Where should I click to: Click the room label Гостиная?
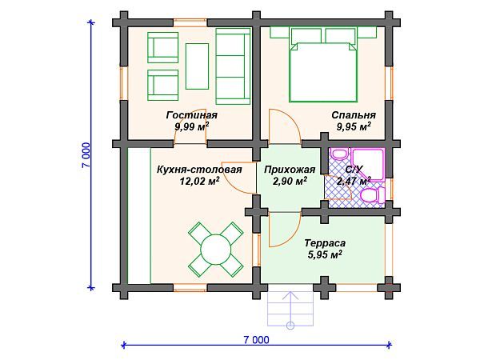192,115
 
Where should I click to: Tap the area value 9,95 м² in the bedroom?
354,126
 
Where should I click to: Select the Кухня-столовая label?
199,170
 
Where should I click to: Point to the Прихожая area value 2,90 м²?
290,181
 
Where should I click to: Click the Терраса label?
325,243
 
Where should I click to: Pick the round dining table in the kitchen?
216,248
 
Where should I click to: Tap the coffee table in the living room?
197,66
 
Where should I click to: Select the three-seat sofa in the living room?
233,66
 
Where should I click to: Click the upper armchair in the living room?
162,47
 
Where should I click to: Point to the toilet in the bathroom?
373,194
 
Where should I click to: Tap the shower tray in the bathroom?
368,165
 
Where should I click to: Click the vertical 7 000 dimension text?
86,155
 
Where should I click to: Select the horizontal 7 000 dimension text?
257,340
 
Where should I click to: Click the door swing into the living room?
190,126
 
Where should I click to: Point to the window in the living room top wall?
190,22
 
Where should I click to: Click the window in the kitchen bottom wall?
190,287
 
